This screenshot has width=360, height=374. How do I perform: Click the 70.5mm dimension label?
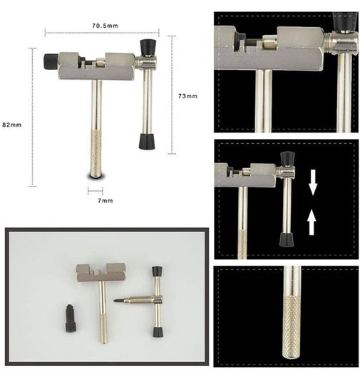coord(105,26)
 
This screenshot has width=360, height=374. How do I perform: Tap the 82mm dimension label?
coord(12,125)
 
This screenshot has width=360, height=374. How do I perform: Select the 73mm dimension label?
coord(188,96)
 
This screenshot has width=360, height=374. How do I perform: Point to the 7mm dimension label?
coord(106,201)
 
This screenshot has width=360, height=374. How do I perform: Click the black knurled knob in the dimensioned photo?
coord(51,61)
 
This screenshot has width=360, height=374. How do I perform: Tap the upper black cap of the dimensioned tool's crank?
coord(148,47)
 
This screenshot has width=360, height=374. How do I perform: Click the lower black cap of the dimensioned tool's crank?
coord(147,142)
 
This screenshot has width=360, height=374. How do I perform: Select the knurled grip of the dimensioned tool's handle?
coord(96,153)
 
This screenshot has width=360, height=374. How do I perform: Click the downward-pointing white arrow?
coord(313,182)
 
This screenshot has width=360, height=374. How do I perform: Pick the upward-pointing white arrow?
coord(312,222)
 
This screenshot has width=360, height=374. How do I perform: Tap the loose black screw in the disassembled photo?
coord(71,318)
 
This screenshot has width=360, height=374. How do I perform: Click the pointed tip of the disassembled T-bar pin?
coord(115,300)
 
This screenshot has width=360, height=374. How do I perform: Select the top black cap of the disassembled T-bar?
coord(157,271)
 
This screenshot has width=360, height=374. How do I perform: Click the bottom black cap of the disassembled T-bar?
coord(158,332)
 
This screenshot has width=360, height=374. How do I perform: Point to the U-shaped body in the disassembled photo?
coord(101,273)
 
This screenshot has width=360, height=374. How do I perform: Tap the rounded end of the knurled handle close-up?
coord(292,355)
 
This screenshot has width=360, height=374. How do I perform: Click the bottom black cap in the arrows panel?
coord(287,239)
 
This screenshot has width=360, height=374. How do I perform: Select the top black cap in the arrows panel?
coord(288,159)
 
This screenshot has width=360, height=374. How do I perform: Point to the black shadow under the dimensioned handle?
coord(96,177)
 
